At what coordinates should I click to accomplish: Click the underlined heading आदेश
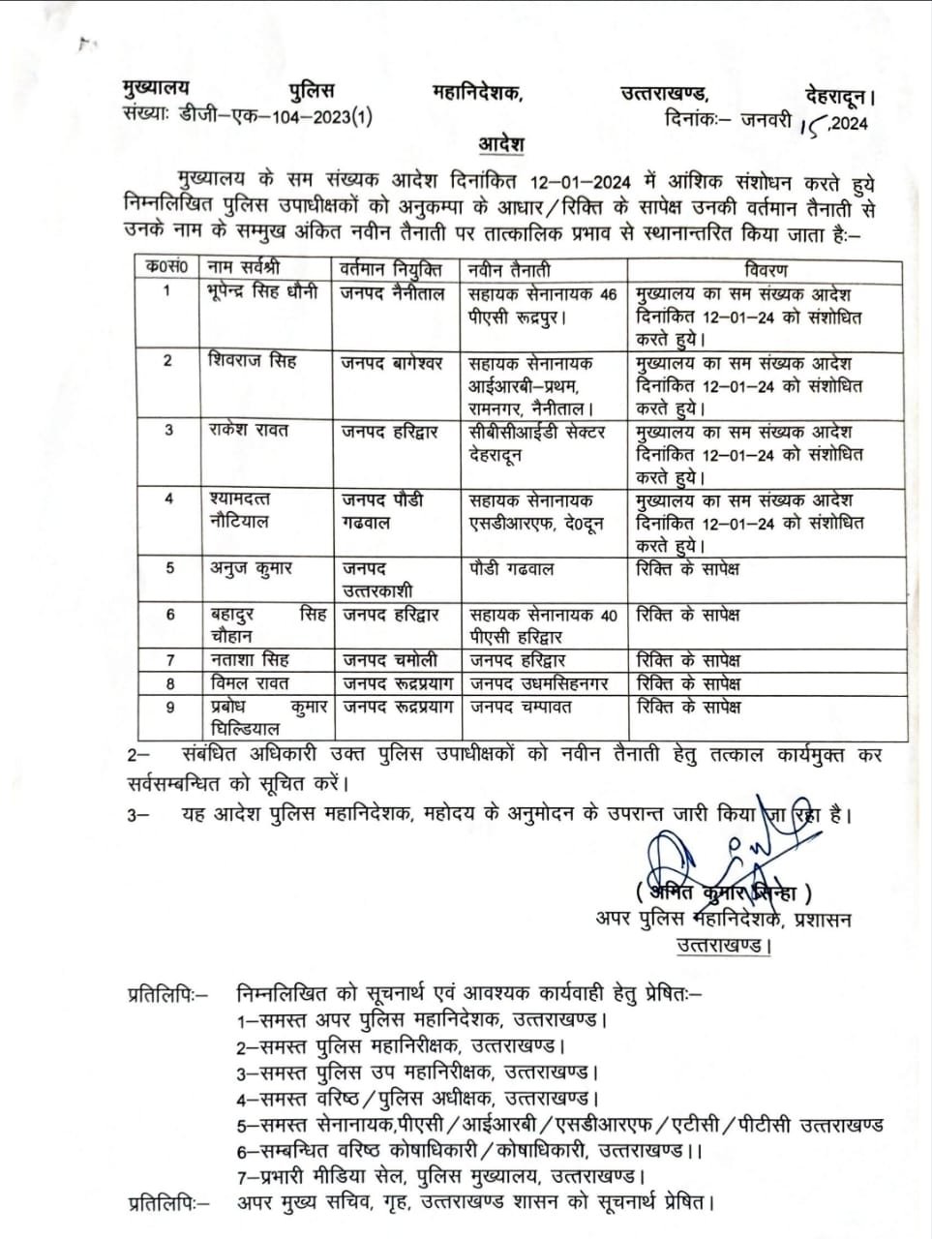tap(501, 145)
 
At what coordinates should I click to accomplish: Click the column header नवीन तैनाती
tap(510, 269)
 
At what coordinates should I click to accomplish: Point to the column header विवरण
tap(767, 269)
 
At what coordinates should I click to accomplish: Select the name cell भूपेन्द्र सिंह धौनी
tap(262, 291)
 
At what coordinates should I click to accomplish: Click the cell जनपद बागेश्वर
tap(392, 362)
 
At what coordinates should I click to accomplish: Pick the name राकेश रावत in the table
tap(250, 430)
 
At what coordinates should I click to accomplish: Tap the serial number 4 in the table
tap(169, 499)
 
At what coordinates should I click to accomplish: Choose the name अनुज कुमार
tap(251, 569)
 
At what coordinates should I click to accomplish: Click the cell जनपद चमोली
tap(389, 660)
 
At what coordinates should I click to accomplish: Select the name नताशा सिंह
tap(249, 660)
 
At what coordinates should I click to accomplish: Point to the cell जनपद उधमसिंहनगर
tap(540, 683)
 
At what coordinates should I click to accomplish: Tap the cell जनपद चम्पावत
tap(521, 707)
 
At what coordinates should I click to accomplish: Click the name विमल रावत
tap(249, 683)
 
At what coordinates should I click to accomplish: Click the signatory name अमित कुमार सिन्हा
tap(722, 893)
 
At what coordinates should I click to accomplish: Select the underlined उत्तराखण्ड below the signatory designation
tap(722, 945)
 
